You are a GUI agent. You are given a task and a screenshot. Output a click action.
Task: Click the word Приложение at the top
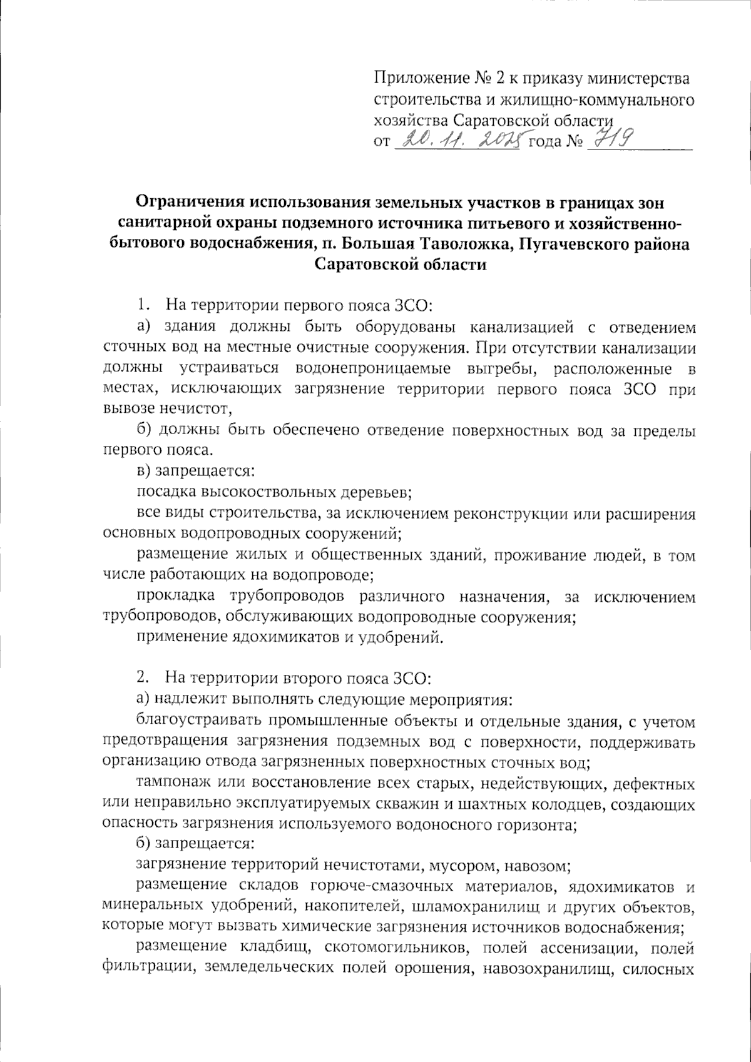419,79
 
